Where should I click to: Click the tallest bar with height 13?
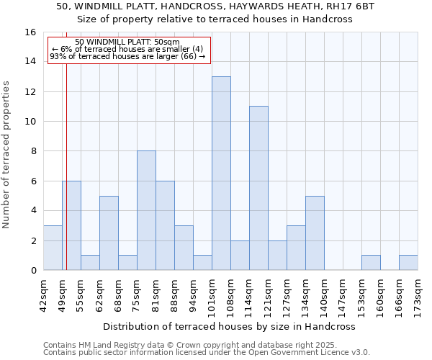pyautogui.click(x=221, y=173)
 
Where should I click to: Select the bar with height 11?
pyautogui.click(x=258, y=188)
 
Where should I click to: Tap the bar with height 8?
pyautogui.click(x=146, y=210)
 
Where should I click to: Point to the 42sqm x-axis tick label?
pyautogui.click(x=43, y=296)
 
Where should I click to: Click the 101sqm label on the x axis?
pyautogui.click(x=212, y=296)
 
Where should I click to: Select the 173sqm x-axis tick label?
pyautogui.click(x=418, y=296)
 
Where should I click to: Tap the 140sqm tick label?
pyautogui.click(x=324, y=296)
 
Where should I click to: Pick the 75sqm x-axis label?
pyautogui.click(x=137, y=296)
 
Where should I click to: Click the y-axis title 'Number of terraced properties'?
pyautogui.click(x=8, y=155)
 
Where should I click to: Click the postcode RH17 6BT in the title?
pyautogui.click(x=350, y=6)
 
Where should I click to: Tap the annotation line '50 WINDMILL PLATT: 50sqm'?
pyautogui.click(x=127, y=42)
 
